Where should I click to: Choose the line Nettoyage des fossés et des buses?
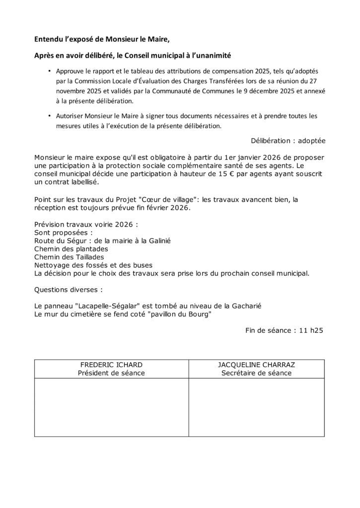pos(93,265)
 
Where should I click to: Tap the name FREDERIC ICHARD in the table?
pos(111,365)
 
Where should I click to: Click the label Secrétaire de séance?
pos(256,373)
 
